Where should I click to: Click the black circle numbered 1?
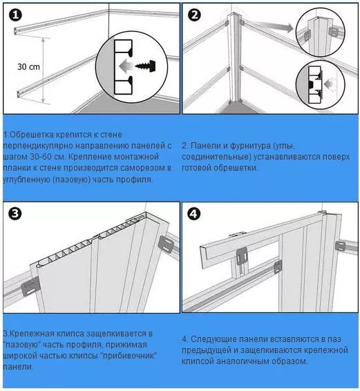[x=15, y=15]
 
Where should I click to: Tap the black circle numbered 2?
[x=194, y=15]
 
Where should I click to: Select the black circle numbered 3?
[x=15, y=213]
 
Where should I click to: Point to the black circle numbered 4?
[x=194, y=214]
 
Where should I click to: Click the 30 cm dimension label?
[x=28, y=67]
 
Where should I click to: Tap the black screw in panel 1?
[x=146, y=66]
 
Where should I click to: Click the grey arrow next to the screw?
[x=126, y=66]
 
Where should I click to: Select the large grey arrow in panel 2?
[x=277, y=27]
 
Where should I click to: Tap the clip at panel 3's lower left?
[x=30, y=286]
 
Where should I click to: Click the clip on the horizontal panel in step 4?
[x=241, y=256]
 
